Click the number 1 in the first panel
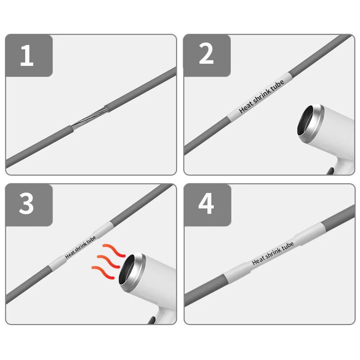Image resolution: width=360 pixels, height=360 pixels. (27, 55)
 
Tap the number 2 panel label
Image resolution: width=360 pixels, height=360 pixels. (206, 54)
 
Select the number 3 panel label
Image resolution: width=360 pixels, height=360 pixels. (26, 203)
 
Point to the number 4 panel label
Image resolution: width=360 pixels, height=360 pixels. (206, 203)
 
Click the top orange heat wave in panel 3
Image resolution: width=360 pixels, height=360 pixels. (114, 250)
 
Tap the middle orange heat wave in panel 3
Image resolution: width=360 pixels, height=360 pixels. (108, 261)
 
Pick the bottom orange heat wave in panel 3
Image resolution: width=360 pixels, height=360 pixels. (103, 272)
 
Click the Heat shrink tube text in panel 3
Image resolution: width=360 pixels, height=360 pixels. (80, 247)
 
